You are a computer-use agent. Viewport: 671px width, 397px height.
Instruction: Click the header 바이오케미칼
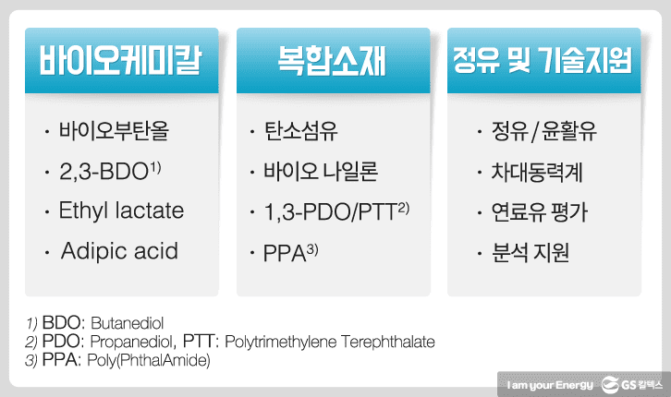121,60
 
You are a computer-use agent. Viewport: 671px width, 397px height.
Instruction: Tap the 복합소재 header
332,60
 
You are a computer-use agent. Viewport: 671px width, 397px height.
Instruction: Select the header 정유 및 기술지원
543,60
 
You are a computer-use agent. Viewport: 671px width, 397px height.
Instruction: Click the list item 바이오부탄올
114,131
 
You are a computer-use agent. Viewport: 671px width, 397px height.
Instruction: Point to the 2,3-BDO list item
110,171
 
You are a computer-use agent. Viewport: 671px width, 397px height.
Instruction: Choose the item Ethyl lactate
121,211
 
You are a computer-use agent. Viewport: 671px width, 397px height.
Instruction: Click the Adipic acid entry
119,251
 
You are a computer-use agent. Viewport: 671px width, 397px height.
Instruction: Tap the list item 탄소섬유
300,131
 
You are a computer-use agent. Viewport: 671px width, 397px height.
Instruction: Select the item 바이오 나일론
321,172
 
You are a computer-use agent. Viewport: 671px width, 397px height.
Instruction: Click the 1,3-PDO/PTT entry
336,211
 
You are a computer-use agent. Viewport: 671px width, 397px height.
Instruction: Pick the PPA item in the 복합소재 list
290,253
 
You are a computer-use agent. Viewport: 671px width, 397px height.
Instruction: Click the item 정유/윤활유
543,131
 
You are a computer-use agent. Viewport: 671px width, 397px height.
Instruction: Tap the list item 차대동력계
537,172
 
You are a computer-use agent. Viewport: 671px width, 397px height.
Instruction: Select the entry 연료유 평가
539,212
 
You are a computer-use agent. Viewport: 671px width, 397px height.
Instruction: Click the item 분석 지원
531,252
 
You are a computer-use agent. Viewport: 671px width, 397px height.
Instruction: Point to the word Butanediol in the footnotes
128,323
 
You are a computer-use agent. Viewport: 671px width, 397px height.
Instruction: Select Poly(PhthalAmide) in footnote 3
149,360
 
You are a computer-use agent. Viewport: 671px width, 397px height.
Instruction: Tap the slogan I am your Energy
550,385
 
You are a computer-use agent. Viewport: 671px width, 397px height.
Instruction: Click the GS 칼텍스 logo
631,385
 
